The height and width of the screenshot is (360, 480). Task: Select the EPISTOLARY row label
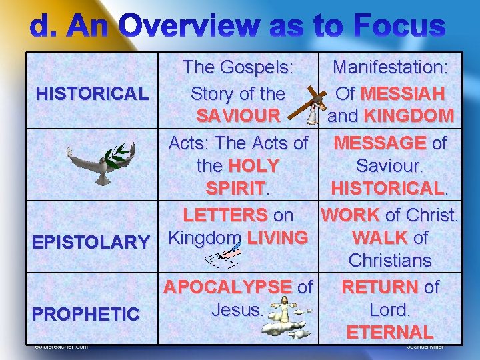pyautogui.click(x=92, y=242)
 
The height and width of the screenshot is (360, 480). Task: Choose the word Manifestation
pyautogui.click(x=390, y=67)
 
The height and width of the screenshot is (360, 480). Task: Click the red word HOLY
pyautogui.click(x=253, y=165)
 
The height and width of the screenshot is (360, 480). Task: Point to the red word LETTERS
pyautogui.click(x=225, y=215)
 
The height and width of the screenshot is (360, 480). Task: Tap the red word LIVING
pyautogui.click(x=277, y=237)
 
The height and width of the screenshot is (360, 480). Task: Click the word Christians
pyautogui.click(x=390, y=260)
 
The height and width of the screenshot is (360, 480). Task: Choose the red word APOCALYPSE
pyautogui.click(x=227, y=287)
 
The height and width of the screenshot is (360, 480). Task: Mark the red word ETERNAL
pyautogui.click(x=390, y=331)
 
